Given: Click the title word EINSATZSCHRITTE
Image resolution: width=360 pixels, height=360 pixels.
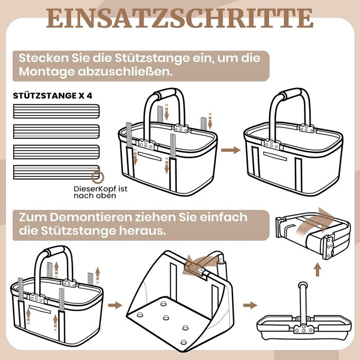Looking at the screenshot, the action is [180, 18].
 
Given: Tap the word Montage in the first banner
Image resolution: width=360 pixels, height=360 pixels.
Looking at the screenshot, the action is [47, 71].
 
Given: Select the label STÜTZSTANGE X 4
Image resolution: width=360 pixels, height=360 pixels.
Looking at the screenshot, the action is [52, 96].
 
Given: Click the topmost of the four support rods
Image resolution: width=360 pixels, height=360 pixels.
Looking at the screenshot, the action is [56, 112].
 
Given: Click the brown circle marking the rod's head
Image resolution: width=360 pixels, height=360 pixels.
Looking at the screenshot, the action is [98, 177].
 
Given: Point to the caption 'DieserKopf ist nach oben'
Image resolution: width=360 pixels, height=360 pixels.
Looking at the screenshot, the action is [100, 192].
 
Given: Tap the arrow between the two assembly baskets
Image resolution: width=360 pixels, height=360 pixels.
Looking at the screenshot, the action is [230, 150].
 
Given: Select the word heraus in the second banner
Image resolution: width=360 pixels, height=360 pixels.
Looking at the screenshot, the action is [142, 231].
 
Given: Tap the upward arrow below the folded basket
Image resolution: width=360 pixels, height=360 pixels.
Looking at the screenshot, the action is [317, 269].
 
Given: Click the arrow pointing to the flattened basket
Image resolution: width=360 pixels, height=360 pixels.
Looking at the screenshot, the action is [250, 305].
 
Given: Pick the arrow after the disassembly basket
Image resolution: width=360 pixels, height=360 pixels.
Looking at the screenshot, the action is [115, 305].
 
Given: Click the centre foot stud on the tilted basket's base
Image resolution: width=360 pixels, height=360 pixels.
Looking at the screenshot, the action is [166, 318].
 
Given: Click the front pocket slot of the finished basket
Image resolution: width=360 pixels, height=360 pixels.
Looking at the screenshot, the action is [275, 156].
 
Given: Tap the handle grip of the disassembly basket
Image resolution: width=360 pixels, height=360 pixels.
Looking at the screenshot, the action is [56, 251].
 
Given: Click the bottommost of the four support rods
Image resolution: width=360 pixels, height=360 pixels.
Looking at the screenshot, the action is [56, 172].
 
